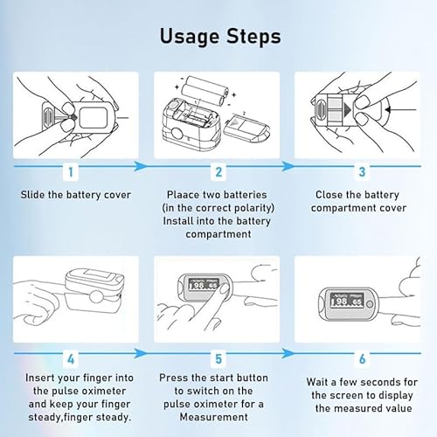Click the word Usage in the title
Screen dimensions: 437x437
[x=190, y=36]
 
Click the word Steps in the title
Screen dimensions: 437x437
[x=253, y=37]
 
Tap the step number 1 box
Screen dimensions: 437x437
[x=71, y=172]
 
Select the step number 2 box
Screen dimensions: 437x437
[x=218, y=172]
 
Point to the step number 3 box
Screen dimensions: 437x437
[x=362, y=172]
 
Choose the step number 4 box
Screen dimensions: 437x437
[x=71, y=359]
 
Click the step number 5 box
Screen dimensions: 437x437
[x=218, y=359]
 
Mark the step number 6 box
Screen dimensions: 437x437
[x=362, y=359]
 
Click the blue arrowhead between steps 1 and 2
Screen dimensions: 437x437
[x=141, y=166]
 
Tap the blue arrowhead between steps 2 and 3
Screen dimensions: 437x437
[x=288, y=166]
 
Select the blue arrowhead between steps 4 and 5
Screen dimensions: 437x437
[x=141, y=354]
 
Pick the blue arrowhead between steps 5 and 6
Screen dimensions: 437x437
[x=288, y=354]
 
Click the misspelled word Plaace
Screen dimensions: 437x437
[x=183, y=195]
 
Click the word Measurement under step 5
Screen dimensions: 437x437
[x=214, y=417]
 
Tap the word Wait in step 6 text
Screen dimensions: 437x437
[x=317, y=382]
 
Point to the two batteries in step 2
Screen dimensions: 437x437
[x=205, y=91]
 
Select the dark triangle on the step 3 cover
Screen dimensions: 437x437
[x=347, y=110]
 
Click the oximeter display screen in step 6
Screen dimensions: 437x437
[x=347, y=301]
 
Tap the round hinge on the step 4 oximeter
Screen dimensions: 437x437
[x=96, y=297]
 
